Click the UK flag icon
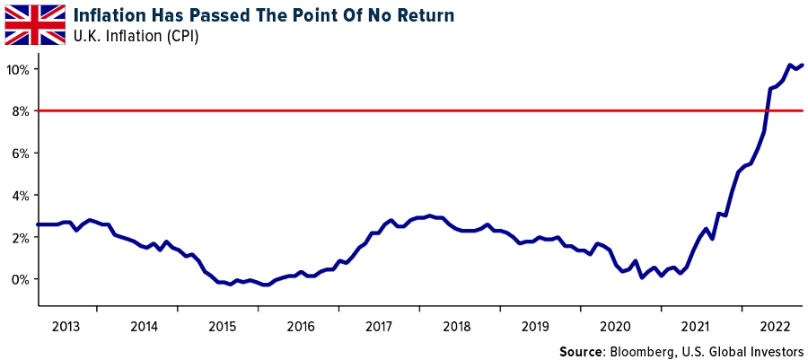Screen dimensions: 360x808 35,24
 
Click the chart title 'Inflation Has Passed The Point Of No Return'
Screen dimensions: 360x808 264,15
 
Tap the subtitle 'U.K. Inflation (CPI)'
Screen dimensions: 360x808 136,36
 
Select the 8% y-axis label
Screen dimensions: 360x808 22,111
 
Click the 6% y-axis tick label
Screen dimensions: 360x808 22,154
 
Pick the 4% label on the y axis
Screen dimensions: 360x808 22,196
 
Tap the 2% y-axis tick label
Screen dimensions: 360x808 22,237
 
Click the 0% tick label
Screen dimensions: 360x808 22,279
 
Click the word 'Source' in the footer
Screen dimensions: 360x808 582,349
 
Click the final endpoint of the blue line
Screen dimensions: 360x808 802,65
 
